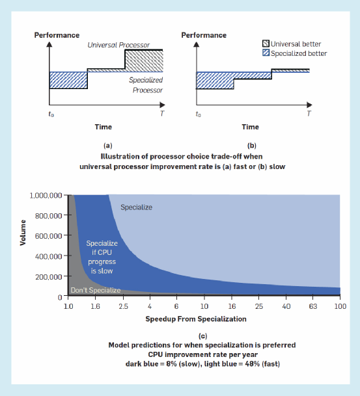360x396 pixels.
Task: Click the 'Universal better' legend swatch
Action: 266,44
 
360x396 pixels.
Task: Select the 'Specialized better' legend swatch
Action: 266,53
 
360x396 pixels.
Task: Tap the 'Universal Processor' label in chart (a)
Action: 118,45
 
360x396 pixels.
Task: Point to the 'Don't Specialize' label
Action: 95,290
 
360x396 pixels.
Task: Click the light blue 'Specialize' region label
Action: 136,207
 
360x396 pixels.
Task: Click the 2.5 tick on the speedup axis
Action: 123,306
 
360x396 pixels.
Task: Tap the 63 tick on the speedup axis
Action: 312,306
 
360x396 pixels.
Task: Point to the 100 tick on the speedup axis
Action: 340,306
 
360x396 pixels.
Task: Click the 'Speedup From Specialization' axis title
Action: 196,319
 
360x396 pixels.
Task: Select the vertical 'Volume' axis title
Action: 23,232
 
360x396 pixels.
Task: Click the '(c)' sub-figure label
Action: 202,336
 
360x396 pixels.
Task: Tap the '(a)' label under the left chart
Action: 107,146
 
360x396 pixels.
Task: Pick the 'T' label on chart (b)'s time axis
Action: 309,114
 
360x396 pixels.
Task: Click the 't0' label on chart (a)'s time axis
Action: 51,114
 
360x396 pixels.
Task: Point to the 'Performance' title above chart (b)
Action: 204,35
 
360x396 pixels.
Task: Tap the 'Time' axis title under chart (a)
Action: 103,127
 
